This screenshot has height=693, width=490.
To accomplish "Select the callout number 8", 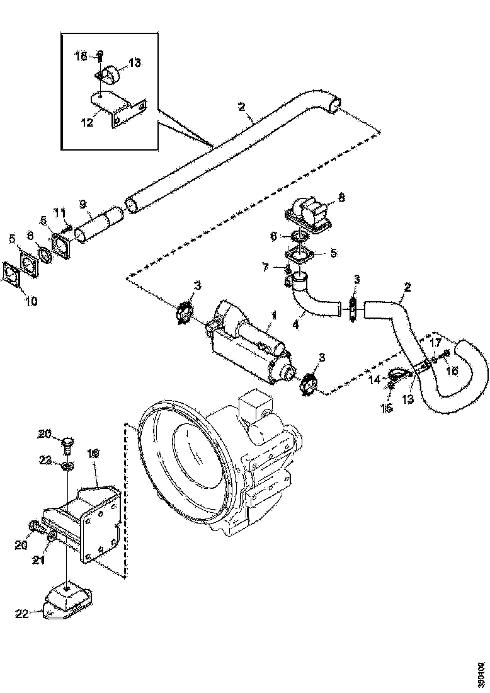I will click(x=342, y=197).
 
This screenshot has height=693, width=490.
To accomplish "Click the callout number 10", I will click(x=31, y=301).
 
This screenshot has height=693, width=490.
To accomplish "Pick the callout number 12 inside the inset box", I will click(x=87, y=122).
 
